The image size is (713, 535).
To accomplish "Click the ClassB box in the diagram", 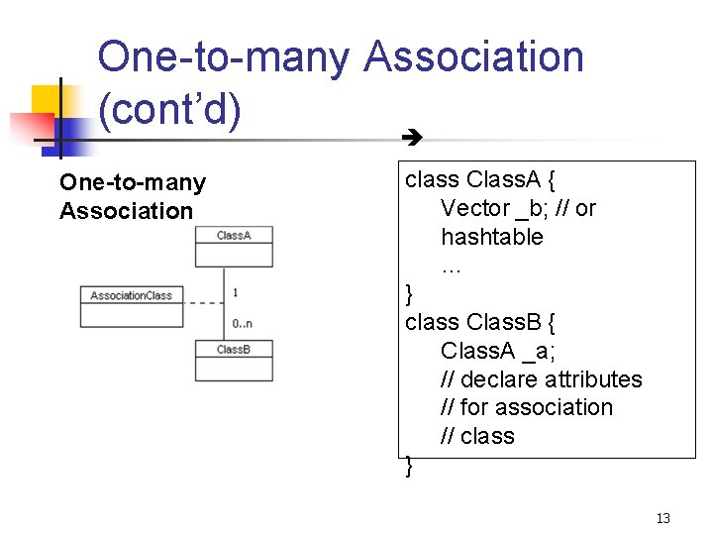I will coord(234,361).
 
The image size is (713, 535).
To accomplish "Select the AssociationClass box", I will coord(132,306).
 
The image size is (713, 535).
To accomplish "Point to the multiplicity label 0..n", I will coord(243,323).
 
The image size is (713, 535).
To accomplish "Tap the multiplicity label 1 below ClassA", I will coord(236,292).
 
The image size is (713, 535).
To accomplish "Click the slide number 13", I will coord(662,518).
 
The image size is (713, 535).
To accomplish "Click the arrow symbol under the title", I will coord(407,139).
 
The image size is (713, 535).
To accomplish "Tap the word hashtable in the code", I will coord(492,237).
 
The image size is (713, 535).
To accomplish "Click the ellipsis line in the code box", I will coord(452,265).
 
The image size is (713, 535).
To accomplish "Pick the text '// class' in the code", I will coord(477,436).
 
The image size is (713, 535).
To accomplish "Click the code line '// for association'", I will coord(527,407).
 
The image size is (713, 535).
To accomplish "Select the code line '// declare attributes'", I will coord(541,379).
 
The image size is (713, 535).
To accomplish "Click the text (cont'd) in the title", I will coord(169,111).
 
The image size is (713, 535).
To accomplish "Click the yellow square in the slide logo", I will coord(47,100).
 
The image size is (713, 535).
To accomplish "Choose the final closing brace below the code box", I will coord(410,466).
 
